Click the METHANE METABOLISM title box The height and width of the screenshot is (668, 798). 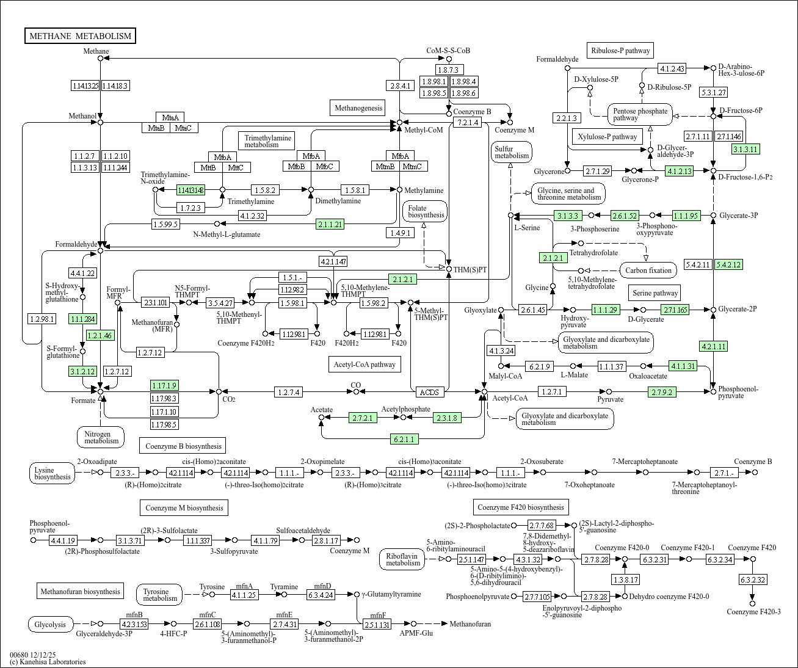80,36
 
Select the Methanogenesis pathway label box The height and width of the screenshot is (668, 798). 358,108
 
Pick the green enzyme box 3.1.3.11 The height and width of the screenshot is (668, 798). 745,149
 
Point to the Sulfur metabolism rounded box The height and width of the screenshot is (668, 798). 512,152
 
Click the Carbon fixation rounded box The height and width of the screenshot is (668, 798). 648,270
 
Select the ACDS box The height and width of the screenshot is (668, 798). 429,392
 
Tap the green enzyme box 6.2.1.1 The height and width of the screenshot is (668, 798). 404,439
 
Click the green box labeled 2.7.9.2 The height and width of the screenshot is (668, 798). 662,392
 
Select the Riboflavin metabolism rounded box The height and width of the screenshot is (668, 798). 403,559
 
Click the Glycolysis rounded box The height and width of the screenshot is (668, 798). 50,624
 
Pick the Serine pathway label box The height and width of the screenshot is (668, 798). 655,293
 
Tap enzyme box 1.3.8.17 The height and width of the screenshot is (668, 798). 625,579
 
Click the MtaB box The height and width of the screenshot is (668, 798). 156,128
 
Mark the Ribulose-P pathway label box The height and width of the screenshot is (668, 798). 620,51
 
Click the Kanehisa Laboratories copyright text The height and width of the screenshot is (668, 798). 48,662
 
